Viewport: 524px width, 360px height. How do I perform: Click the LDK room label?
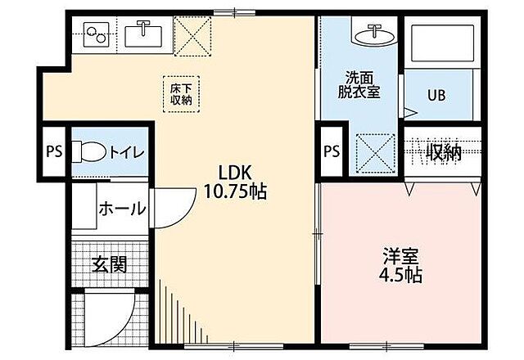(233, 173)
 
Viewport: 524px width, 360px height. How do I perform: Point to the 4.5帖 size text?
(401, 274)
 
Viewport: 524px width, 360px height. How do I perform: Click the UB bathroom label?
(436, 93)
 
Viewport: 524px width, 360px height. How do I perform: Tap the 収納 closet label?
(443, 151)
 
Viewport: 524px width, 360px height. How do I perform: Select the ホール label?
(122, 209)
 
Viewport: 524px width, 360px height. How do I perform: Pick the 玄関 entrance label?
(108, 264)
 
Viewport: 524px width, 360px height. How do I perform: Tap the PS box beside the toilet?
(55, 151)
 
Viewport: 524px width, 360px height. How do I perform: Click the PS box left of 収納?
(332, 151)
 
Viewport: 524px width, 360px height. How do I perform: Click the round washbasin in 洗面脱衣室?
(375, 34)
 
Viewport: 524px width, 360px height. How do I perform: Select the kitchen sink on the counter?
(144, 35)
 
